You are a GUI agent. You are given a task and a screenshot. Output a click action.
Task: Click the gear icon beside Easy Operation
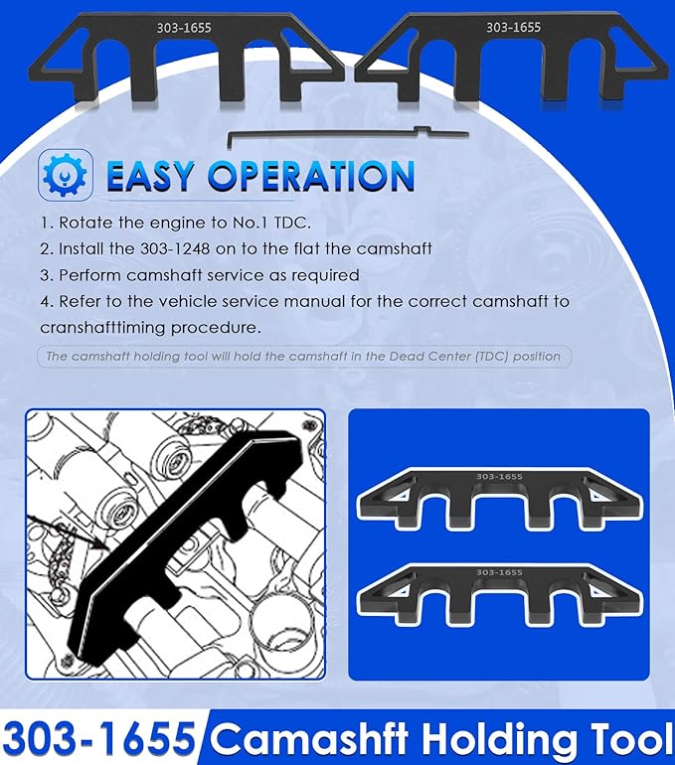(65, 174)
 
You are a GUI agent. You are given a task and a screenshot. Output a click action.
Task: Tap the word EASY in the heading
(150, 176)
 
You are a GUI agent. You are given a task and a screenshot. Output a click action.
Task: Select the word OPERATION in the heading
(311, 176)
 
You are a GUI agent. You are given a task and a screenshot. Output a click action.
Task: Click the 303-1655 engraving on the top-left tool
(184, 28)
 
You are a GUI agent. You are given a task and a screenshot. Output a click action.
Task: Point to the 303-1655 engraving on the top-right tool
(513, 27)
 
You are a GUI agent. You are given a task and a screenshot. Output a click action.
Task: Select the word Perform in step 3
(90, 275)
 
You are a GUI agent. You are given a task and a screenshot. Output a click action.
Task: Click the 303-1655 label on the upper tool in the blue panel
(499, 477)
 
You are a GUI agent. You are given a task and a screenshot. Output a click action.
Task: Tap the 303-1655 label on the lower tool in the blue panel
(499, 572)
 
